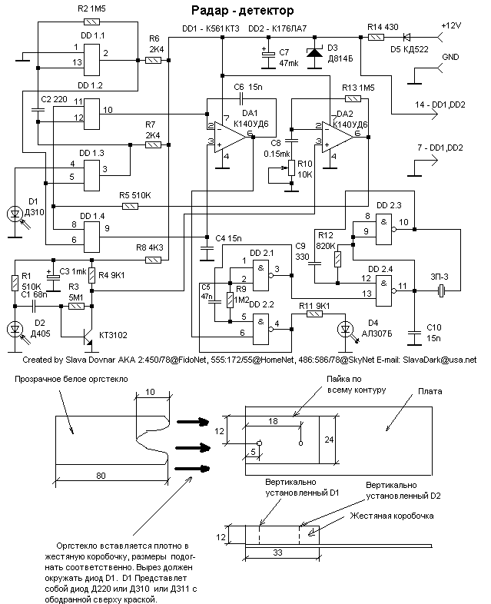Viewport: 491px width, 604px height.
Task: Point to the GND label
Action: click(451, 57)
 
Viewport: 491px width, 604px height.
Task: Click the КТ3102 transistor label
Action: click(113, 335)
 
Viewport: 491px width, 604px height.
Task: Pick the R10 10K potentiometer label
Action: click(304, 168)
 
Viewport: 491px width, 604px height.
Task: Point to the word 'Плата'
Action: click(431, 392)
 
